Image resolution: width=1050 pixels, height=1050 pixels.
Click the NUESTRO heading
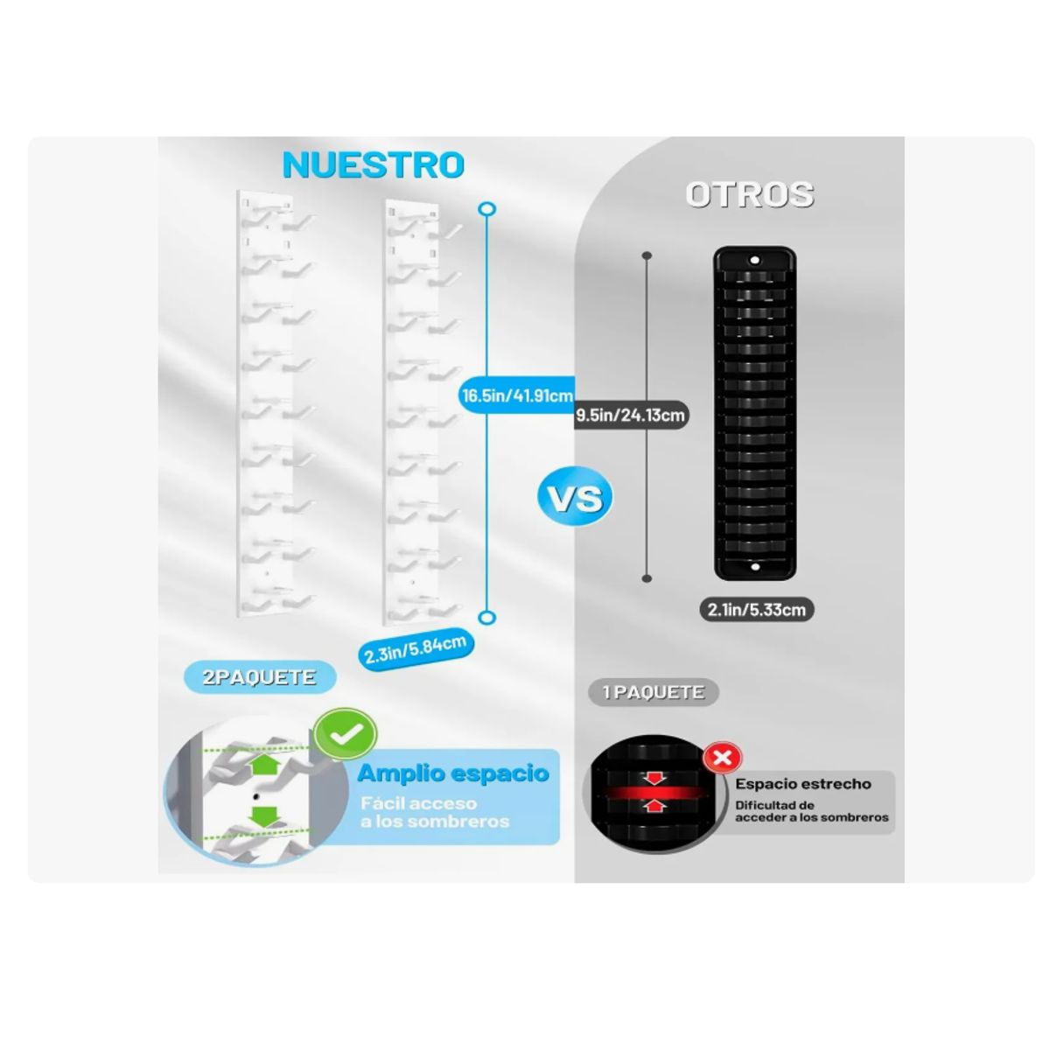click(x=374, y=164)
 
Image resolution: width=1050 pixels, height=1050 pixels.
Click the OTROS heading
click(x=750, y=194)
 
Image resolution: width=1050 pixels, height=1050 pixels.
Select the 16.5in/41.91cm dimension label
click(x=517, y=395)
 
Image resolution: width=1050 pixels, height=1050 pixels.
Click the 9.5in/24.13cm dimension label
click(x=630, y=416)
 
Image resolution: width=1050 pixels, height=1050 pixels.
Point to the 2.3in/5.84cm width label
click(x=416, y=650)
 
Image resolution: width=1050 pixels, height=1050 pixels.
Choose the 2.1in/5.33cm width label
click(x=757, y=610)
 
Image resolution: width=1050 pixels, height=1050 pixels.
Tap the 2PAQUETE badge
click(x=259, y=677)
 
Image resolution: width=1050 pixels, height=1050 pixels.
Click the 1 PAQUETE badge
click(x=654, y=692)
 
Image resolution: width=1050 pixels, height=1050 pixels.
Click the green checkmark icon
click(x=346, y=734)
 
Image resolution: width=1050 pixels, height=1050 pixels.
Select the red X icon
click(x=723, y=758)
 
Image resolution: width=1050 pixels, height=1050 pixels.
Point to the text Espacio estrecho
click(x=803, y=784)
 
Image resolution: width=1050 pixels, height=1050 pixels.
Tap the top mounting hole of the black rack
click(x=754, y=260)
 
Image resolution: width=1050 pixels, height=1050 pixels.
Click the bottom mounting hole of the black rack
click(x=755, y=568)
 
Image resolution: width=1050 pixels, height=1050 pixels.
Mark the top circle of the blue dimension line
click(x=486, y=209)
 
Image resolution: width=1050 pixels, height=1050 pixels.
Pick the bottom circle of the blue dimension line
click(x=486, y=618)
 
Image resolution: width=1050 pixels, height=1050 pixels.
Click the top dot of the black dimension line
click(x=647, y=255)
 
